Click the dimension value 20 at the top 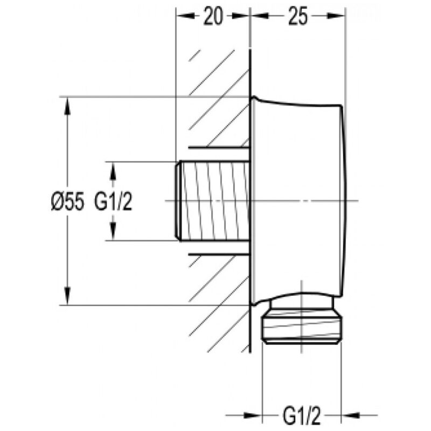tap(213, 17)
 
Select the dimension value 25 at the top tap(298, 17)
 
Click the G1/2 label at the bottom tap(302, 415)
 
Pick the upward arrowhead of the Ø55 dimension tap(67, 106)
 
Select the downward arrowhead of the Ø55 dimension tap(67, 295)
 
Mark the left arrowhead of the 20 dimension tap(185, 16)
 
